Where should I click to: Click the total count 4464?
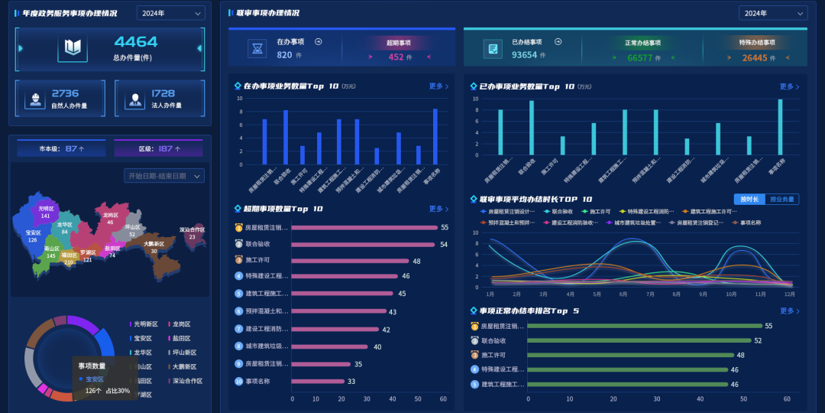pyautogui.click(x=135, y=42)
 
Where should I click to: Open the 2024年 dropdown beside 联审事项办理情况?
pyautogui.click(x=772, y=13)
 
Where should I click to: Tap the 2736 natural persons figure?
pyautogui.click(x=65, y=93)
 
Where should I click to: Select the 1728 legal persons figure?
pyautogui.click(x=163, y=93)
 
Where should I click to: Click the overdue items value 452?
pyautogui.click(x=396, y=57)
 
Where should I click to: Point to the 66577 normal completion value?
pyautogui.click(x=639, y=57)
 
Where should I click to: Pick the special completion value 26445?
pyautogui.click(x=755, y=57)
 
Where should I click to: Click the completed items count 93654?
pyautogui.click(x=524, y=55)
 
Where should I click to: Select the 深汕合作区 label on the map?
pyautogui.click(x=192, y=229)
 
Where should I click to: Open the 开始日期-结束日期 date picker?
pyautogui.click(x=163, y=176)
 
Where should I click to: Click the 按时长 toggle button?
pyautogui.click(x=749, y=199)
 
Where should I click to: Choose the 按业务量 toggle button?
pyautogui.click(x=781, y=199)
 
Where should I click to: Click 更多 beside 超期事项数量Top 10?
pyautogui.click(x=438, y=209)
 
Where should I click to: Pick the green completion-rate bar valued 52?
pyautogui.click(x=639, y=340)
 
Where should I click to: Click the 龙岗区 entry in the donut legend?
pyautogui.click(x=182, y=324)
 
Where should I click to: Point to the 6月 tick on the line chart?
pyautogui.click(x=623, y=294)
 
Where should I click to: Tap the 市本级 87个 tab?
pyautogui.click(x=61, y=148)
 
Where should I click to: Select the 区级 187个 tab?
pyautogui.click(x=159, y=148)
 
